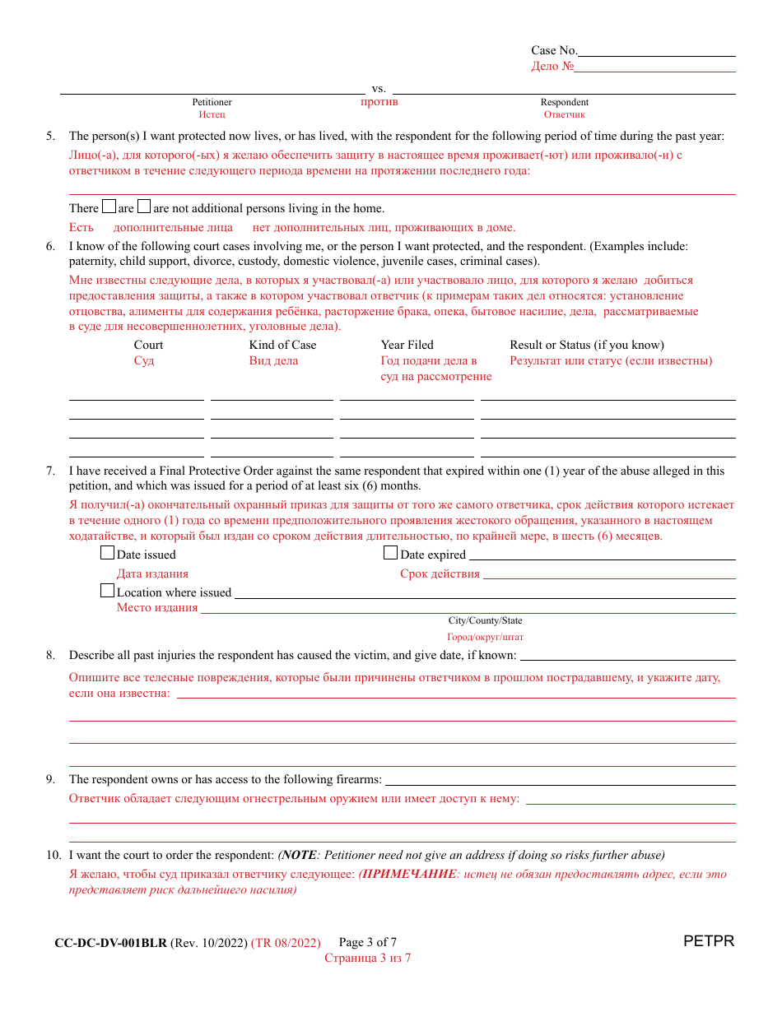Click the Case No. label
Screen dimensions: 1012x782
point(554,50)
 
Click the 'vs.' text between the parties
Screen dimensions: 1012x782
point(379,88)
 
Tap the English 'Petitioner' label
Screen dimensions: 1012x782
point(212,102)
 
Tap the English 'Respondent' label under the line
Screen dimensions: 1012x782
point(564,102)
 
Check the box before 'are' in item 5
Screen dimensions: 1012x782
point(109,207)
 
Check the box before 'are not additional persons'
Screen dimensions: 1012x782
point(144,207)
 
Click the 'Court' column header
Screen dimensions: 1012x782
point(148,345)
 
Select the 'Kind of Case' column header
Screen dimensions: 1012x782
point(282,345)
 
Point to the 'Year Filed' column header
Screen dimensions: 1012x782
point(407,345)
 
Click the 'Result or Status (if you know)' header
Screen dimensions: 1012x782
point(586,345)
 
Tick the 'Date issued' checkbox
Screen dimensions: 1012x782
point(107,553)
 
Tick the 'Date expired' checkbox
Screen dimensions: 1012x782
point(390,553)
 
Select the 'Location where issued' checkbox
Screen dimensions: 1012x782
point(107,591)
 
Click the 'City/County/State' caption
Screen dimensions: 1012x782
point(485,620)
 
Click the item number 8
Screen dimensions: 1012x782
point(50,655)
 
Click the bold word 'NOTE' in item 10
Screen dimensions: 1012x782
point(299,855)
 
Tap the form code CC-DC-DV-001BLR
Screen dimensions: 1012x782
point(110,943)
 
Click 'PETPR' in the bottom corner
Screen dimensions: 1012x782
point(708,941)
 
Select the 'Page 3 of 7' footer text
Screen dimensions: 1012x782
point(367,942)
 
